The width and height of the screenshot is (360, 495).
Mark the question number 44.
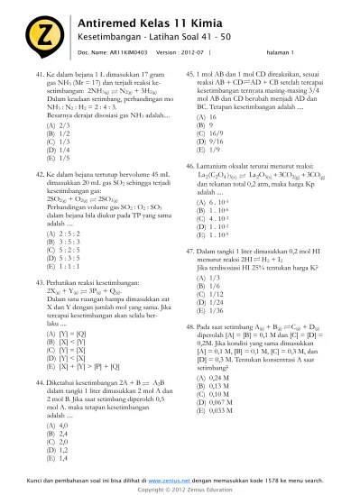point(38,382)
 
